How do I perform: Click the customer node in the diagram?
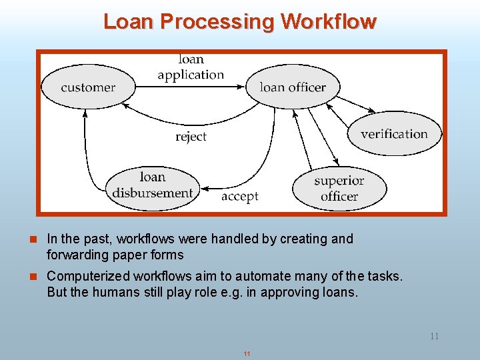tap(88, 87)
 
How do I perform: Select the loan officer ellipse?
tap(293, 87)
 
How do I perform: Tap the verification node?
tap(395, 134)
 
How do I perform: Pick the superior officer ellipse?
tap(339, 188)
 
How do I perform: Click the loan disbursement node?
tap(153, 185)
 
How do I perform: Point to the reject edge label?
tap(191, 137)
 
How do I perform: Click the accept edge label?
tap(239, 197)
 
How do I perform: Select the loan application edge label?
tap(191, 67)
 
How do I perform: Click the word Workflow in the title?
tap(329, 22)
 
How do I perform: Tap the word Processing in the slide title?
tap(217, 22)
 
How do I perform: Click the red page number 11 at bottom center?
tap(247, 353)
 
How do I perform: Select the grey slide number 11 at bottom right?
tap(434, 336)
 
